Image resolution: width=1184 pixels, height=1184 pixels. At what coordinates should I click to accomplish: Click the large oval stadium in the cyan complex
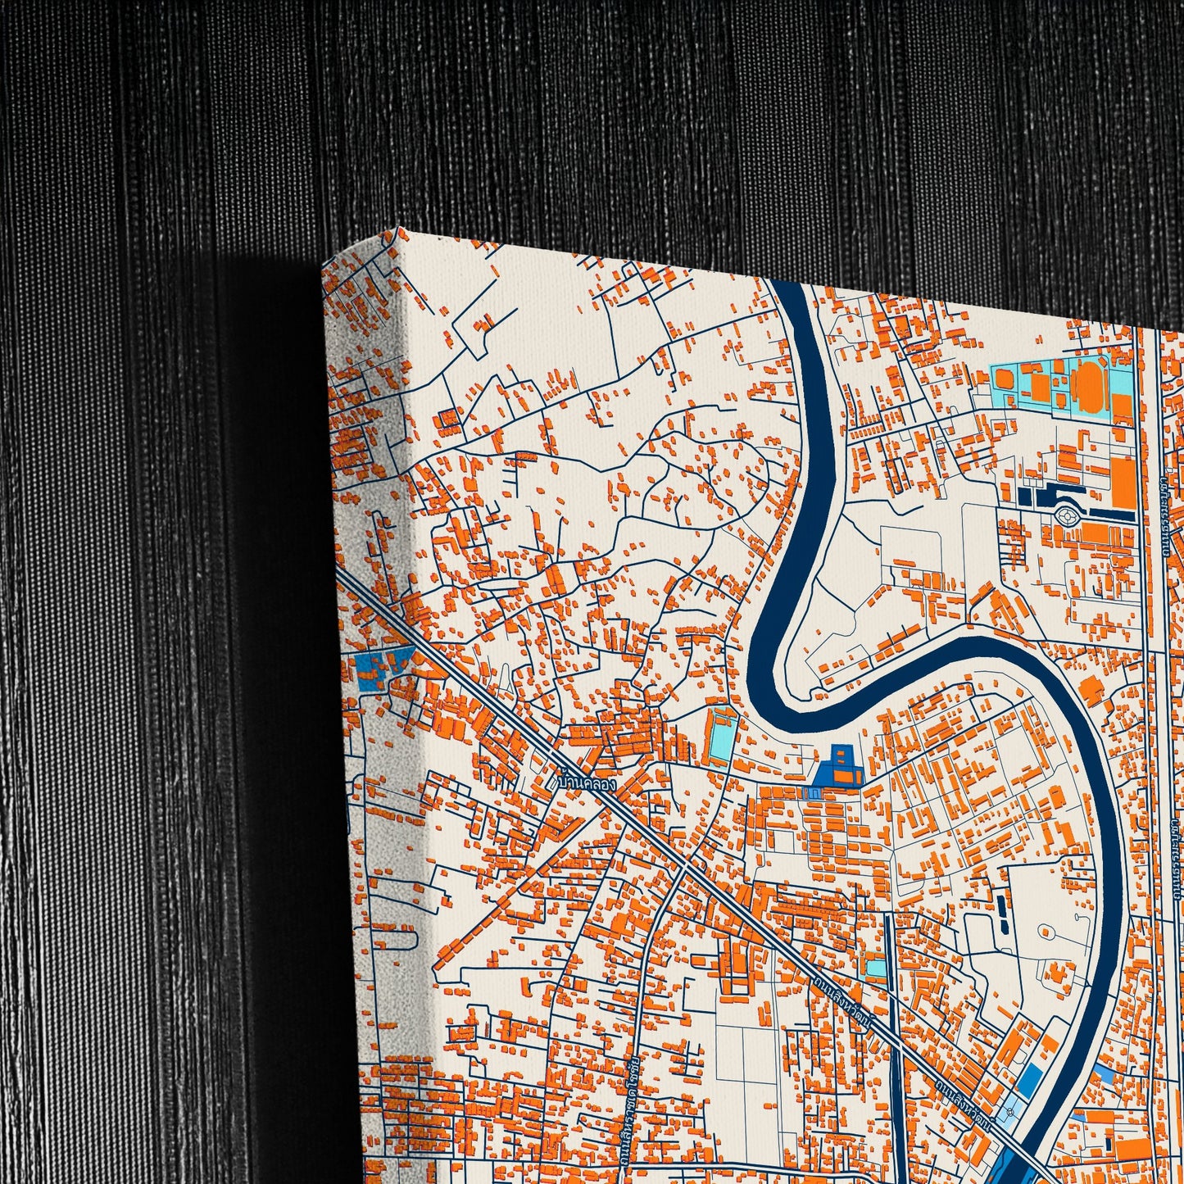click(x=1087, y=383)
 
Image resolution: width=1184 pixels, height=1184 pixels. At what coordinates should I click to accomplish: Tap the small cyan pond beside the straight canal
click(x=876, y=968)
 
